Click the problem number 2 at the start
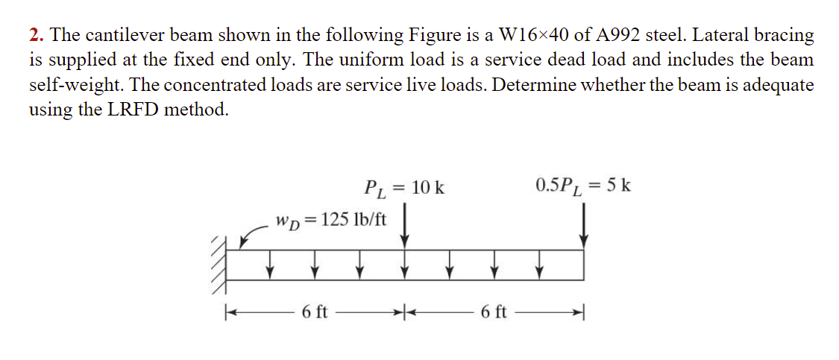coord(34,35)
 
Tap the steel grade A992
coord(617,35)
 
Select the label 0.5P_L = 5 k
coord(582,185)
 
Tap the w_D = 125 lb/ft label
coord(330,220)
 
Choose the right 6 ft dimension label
coord(494,312)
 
